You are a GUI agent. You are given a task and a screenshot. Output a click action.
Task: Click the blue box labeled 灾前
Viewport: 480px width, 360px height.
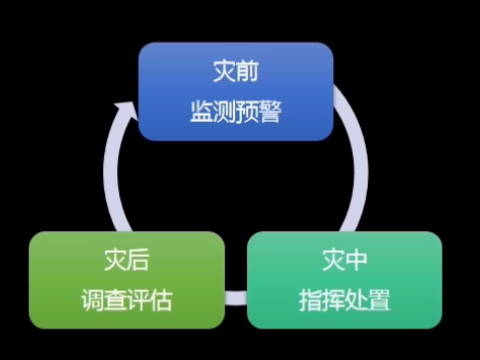pyautogui.click(x=236, y=91)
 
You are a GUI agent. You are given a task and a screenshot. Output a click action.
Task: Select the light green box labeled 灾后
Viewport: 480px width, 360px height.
pyautogui.click(x=127, y=280)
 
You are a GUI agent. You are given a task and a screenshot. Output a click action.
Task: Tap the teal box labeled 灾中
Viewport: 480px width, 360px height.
pyautogui.click(x=344, y=280)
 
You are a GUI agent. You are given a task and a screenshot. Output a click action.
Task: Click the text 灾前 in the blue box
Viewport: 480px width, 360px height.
pyautogui.click(x=236, y=70)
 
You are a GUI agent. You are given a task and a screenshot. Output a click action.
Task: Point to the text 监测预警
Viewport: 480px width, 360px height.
pyautogui.click(x=236, y=112)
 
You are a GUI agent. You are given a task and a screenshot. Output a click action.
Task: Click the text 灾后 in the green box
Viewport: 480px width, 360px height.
pyautogui.click(x=127, y=260)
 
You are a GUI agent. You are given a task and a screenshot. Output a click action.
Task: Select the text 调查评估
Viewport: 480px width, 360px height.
pyautogui.click(x=127, y=300)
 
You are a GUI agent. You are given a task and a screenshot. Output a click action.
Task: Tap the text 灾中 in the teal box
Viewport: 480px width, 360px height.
pyautogui.click(x=345, y=260)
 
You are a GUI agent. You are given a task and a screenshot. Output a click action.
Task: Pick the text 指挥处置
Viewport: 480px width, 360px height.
pyautogui.click(x=345, y=300)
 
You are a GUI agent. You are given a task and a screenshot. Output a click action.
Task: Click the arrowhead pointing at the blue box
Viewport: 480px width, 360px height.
pyautogui.click(x=126, y=111)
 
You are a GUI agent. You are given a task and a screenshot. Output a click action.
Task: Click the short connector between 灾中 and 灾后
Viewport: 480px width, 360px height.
pyautogui.click(x=236, y=298)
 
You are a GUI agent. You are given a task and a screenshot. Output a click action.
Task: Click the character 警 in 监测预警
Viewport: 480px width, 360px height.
pyautogui.click(x=271, y=112)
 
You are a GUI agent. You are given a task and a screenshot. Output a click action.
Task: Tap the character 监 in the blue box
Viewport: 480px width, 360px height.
pyautogui.click(x=201, y=112)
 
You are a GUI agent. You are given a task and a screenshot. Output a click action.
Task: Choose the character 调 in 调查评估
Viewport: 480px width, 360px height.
pyautogui.click(x=92, y=300)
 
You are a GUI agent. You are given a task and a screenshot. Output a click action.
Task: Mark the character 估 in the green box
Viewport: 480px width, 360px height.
pyautogui.click(x=162, y=300)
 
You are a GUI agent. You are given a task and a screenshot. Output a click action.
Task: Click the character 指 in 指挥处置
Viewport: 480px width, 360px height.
pyautogui.click(x=310, y=300)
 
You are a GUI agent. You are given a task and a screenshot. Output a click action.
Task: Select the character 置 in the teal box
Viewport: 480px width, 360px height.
pyautogui.click(x=380, y=300)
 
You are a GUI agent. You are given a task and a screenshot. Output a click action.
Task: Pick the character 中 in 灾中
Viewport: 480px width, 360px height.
pyautogui.click(x=356, y=260)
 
